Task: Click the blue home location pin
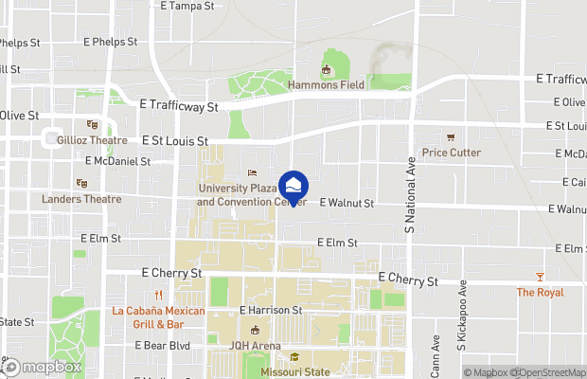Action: (293, 187)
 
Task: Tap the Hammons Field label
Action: (327, 84)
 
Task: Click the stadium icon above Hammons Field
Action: (327, 69)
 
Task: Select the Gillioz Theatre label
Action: (92, 139)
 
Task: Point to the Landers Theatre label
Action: (81, 199)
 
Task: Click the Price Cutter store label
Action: (451, 153)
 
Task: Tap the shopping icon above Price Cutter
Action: (451, 137)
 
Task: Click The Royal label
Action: (539, 293)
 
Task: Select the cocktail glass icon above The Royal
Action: (540, 277)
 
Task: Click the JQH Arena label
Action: (255, 346)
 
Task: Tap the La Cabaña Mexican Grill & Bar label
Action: (159, 317)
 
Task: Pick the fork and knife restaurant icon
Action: (159, 296)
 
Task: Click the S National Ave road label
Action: (410, 194)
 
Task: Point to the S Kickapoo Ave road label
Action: (463, 316)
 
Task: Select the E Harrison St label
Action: (270, 310)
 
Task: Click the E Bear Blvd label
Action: (163, 346)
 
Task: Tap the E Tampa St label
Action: (187, 6)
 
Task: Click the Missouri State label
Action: (295, 372)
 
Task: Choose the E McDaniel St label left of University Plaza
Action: (117, 161)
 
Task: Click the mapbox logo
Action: (42, 368)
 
